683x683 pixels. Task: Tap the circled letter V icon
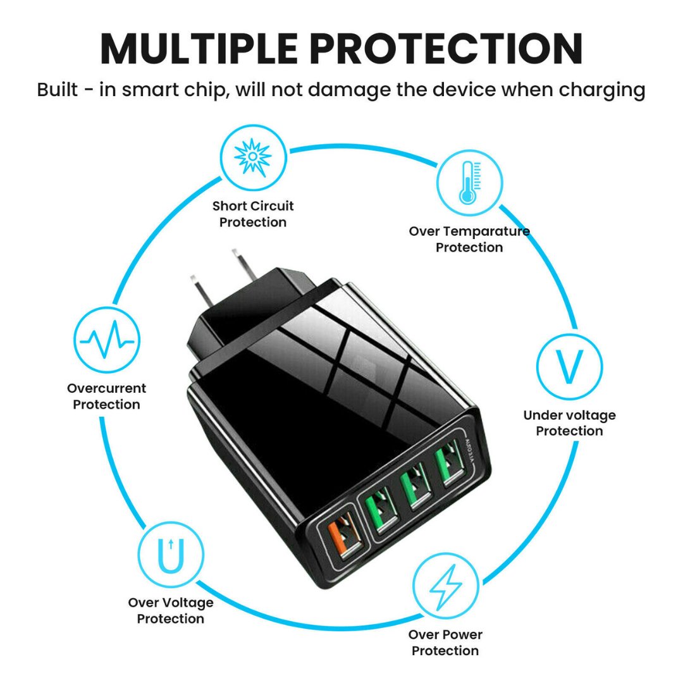click(569, 367)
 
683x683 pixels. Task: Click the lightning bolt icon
click(445, 585)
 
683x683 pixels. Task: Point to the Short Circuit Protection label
click(253, 214)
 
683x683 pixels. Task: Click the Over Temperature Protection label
click(469, 239)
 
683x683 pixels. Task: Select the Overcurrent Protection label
click(106, 397)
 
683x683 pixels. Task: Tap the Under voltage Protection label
click(569, 423)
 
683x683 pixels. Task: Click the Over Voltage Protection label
click(171, 611)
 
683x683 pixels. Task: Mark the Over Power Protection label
click(445, 643)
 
